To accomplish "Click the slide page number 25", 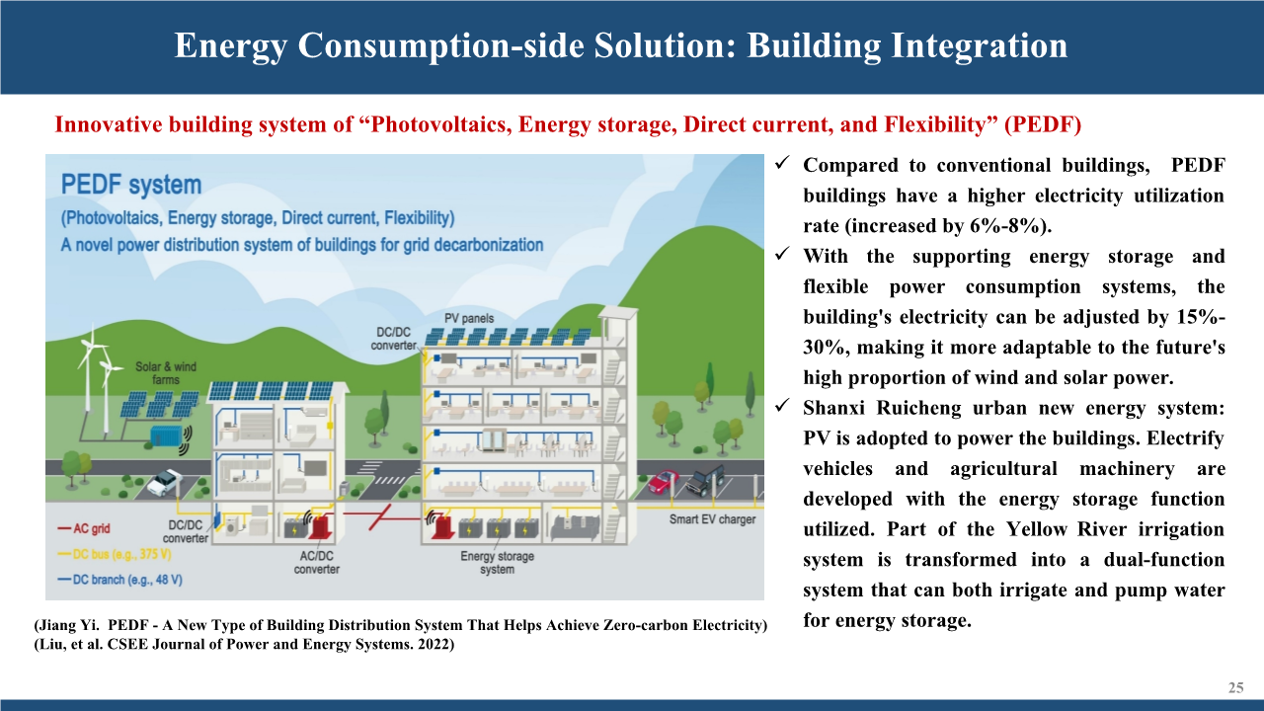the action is (1235, 688).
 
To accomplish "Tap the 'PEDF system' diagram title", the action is (131, 185).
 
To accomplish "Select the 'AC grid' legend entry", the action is (84, 528).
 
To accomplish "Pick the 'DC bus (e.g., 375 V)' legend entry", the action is (115, 555).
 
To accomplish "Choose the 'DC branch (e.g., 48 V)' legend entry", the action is (120, 580).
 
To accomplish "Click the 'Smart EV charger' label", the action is (712, 519).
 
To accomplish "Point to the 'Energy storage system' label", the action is (497, 563).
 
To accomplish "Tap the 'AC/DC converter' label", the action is (317, 563).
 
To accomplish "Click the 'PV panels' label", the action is (469, 318).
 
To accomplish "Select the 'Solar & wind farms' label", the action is (166, 373).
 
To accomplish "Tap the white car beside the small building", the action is (165, 483).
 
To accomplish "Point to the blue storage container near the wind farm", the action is (167, 435).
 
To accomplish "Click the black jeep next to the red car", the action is (705, 481).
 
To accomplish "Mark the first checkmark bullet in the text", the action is (781, 163).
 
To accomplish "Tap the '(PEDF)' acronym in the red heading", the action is (1042, 124).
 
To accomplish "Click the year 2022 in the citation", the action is (434, 644).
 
